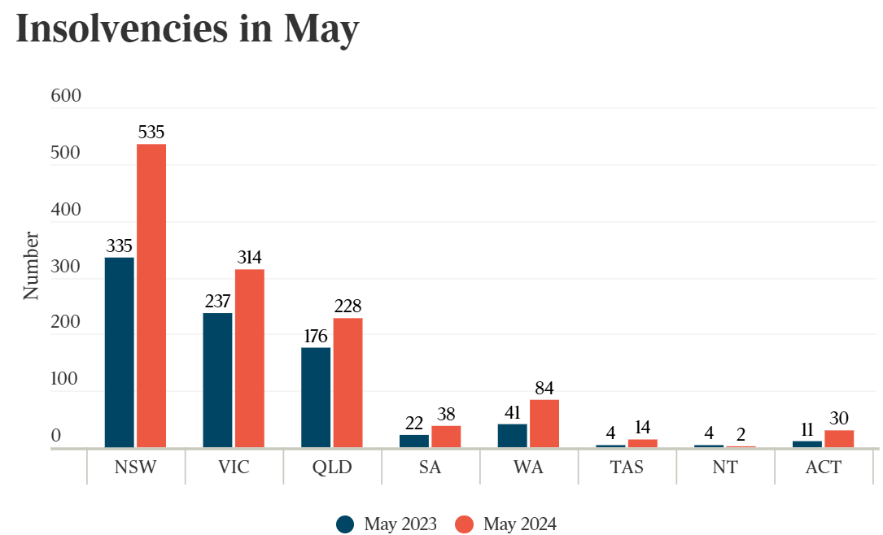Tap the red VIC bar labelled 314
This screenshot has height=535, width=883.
pos(250,358)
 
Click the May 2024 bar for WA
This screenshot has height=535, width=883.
pos(544,423)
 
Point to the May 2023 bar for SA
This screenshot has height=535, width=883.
pos(414,441)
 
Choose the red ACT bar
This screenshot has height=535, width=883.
pos(839,438)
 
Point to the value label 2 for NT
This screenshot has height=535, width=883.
pos(741,433)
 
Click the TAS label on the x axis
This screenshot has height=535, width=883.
pos(627,468)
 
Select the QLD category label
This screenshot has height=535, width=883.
pos(332,468)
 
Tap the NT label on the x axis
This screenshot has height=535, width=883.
pos(725,468)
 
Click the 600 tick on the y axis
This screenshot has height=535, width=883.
pos(66,96)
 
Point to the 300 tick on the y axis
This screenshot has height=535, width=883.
pos(66,266)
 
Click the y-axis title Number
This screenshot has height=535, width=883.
pos(31,266)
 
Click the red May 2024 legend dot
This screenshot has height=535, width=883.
pos(464,524)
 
